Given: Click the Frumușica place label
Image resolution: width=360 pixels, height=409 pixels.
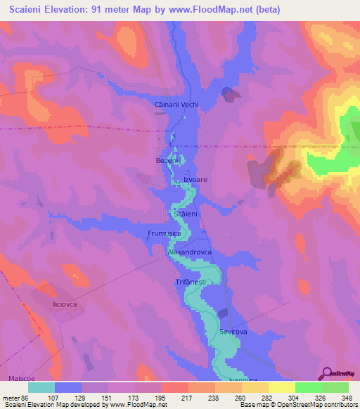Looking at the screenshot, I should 165,233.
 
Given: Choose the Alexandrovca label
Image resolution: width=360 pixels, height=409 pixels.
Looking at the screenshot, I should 189,251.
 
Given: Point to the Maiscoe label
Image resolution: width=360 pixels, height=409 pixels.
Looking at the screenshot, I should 22,378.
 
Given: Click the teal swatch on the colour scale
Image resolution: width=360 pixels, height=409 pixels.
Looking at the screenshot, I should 41,387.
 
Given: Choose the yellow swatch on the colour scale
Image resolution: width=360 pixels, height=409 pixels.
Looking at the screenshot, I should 282,387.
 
